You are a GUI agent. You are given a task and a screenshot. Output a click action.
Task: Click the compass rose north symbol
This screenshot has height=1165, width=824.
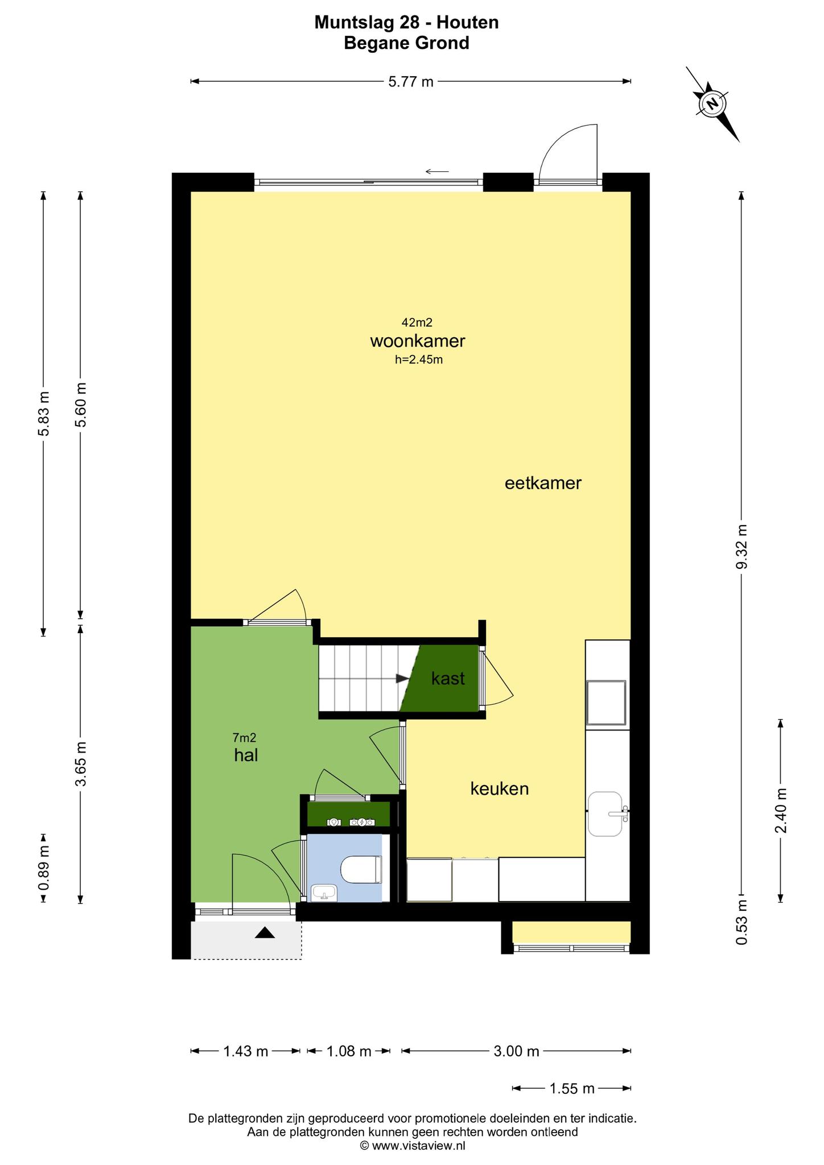tap(712, 104)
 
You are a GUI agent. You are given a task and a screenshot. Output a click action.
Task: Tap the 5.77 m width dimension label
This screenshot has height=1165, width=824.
tap(411, 82)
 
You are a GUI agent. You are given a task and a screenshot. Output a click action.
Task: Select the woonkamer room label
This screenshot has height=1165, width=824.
tap(418, 341)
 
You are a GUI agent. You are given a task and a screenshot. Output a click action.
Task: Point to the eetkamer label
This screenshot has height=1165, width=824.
tap(543, 484)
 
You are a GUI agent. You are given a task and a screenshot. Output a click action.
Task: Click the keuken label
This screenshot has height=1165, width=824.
tap(500, 788)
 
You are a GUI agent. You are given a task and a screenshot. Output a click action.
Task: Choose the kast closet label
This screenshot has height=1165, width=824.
tap(448, 679)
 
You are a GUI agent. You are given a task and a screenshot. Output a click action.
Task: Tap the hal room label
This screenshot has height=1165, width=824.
tap(246, 755)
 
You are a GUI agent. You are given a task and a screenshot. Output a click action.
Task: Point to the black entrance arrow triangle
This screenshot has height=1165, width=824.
tap(265, 932)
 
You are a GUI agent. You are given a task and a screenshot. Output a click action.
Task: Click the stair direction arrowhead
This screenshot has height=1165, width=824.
tap(402, 678)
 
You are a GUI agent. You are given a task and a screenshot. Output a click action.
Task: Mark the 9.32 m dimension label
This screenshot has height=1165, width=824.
tap(741, 546)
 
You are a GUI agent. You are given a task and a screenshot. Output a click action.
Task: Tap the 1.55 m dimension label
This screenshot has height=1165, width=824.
tap(572, 1089)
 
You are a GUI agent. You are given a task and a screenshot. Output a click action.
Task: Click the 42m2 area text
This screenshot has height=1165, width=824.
tap(417, 323)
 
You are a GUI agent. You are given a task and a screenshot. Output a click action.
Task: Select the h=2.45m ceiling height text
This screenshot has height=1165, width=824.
tap(419, 360)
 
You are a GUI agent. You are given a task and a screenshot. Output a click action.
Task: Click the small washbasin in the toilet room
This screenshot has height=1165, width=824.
tap(324, 893)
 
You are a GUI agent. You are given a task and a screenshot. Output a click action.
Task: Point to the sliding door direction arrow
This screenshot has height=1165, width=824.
tap(437, 171)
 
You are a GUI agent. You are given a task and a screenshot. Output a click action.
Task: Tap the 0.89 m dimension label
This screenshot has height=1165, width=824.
tap(44, 868)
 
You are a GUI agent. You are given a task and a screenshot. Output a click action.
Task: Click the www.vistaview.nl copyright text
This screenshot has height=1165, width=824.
tap(413, 1146)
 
